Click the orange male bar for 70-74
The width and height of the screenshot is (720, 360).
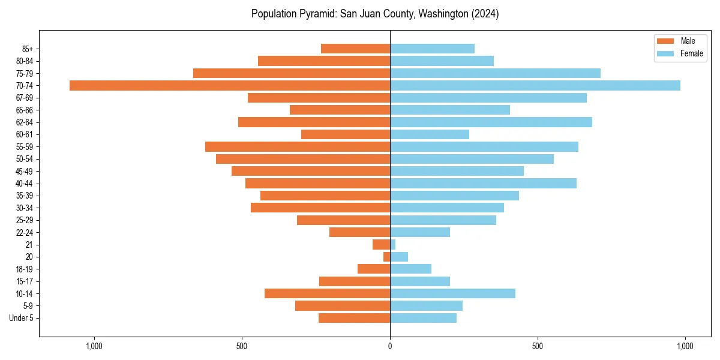pos(230,85)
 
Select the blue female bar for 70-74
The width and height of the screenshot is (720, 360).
pos(535,85)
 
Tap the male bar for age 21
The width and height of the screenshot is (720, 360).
pos(382,244)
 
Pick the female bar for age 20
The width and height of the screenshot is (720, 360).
pos(399,257)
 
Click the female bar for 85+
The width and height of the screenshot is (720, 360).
pos(432,49)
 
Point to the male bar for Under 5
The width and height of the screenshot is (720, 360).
pos(354,318)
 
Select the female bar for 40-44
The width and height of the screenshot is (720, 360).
pos(483,183)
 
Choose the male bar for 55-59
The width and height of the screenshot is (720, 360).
pos(298,146)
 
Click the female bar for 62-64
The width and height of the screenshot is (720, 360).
pos(491,122)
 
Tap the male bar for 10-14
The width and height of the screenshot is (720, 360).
pos(327,293)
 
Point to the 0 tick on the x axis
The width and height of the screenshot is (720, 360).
pos(390,346)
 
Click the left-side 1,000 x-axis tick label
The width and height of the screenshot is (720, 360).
pos(94,346)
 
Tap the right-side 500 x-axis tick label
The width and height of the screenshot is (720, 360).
pos(538,346)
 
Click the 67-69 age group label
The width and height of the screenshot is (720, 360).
pos(25,98)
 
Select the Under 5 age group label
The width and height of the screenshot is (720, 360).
pos(22,318)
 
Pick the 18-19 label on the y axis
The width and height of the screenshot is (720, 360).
pos(25,269)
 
